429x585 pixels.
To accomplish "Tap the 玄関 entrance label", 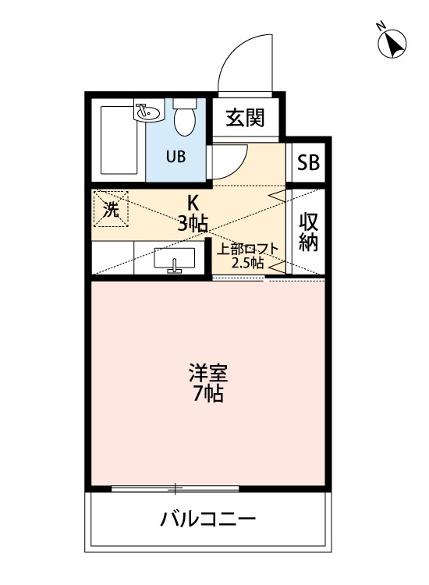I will tap(245, 118).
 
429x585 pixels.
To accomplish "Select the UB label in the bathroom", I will tap(175, 155).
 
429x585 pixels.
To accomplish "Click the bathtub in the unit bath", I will tap(119, 141).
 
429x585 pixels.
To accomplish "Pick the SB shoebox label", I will tap(309, 164).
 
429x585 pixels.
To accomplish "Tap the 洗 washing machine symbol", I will tap(111, 210).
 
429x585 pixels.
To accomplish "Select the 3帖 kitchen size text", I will tap(191, 224).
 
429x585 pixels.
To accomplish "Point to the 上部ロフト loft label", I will tap(246, 250).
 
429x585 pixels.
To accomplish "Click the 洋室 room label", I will tap(207, 372).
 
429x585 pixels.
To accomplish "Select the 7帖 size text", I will tap(207, 395).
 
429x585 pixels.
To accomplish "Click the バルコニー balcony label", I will tap(208, 519).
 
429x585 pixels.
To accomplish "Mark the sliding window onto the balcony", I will tap(175, 489).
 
